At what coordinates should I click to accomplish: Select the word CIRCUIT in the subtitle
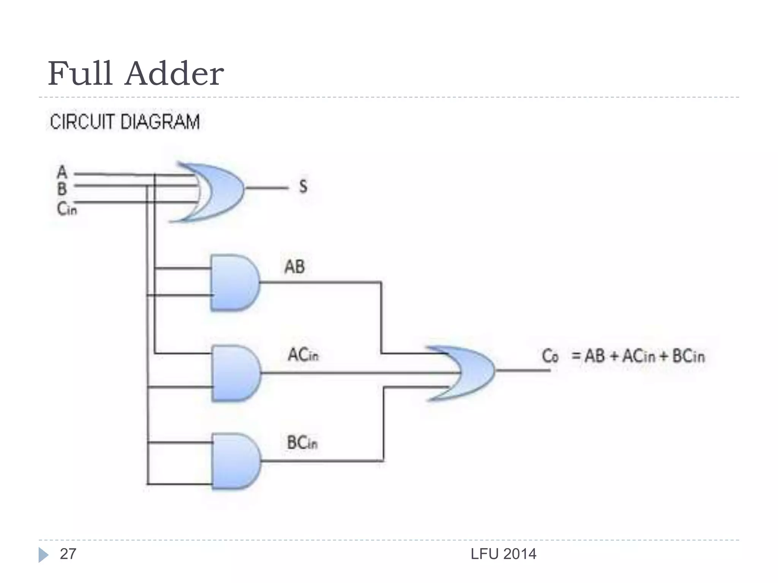(x=82, y=122)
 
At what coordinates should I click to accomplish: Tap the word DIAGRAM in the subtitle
(x=159, y=122)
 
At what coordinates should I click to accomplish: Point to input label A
(x=62, y=172)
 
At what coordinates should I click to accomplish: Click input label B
(x=62, y=189)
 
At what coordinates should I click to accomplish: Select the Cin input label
(x=67, y=209)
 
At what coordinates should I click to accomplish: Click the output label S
(x=303, y=186)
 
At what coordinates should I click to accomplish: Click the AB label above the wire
(x=294, y=266)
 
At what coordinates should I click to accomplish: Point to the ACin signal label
(x=303, y=355)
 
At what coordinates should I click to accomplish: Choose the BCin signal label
(x=302, y=443)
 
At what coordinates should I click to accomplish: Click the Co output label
(x=550, y=356)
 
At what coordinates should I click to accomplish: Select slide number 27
(x=68, y=554)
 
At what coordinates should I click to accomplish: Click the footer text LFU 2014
(x=503, y=554)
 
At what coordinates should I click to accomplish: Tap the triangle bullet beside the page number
(x=43, y=555)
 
